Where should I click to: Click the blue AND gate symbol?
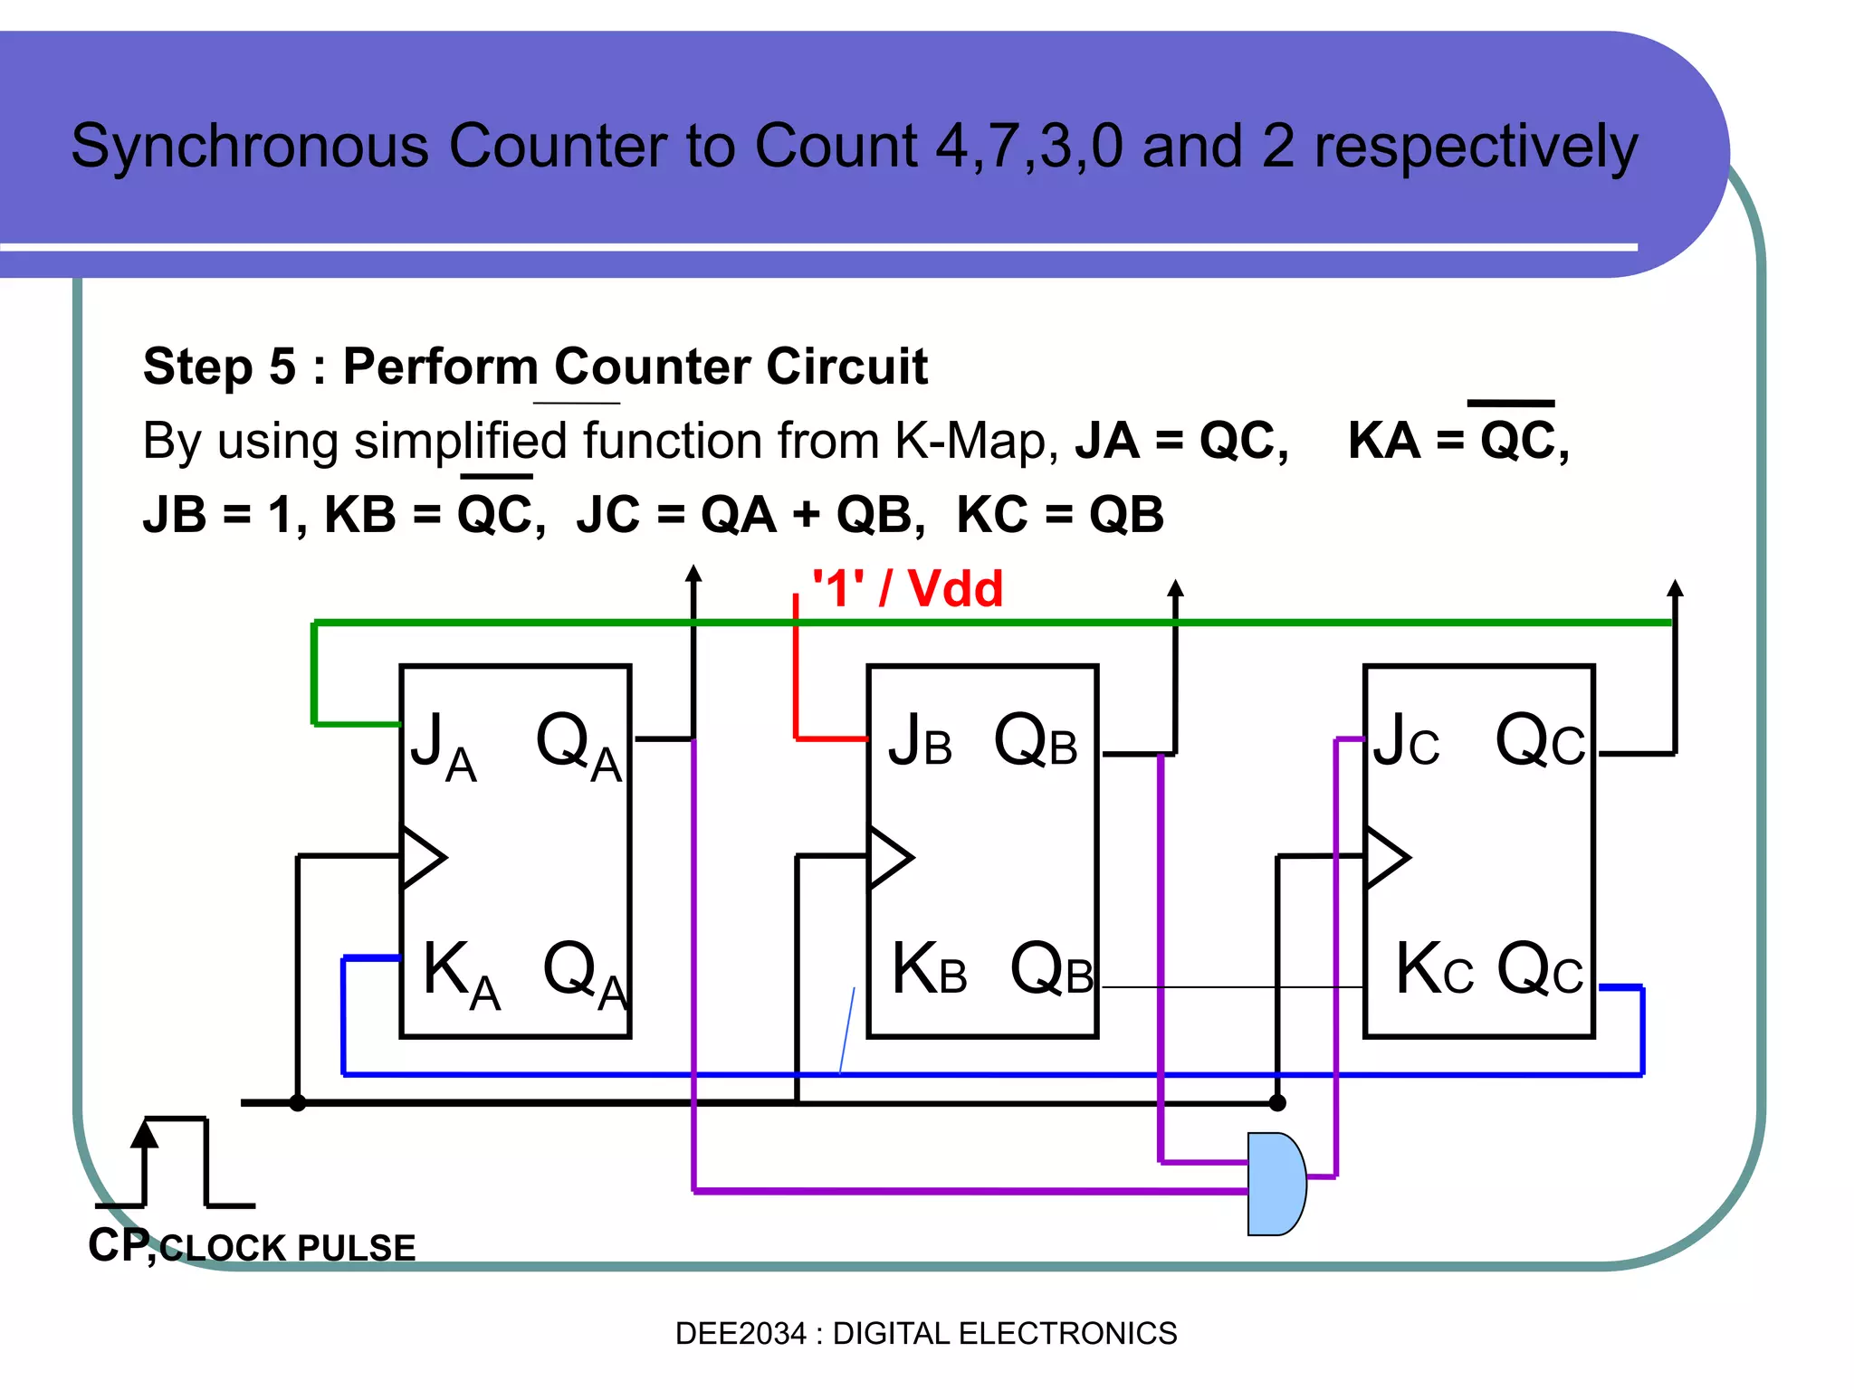pyautogui.click(x=1276, y=1184)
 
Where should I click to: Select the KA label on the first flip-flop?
pyautogui.click(x=461, y=974)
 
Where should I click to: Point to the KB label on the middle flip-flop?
pyautogui.click(x=929, y=969)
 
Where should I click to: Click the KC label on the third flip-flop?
pyautogui.click(x=1434, y=969)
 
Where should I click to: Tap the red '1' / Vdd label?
pyautogui.click(x=907, y=589)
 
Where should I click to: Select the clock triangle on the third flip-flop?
pyautogui.click(x=1386, y=857)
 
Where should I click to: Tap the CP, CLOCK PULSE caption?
pyautogui.click(x=252, y=1246)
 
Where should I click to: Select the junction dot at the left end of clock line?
pyautogui.click(x=298, y=1103)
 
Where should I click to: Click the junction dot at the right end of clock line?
pyautogui.click(x=1277, y=1103)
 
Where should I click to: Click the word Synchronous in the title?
pyautogui.click(x=250, y=146)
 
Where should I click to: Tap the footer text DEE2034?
pyautogui.click(x=740, y=1333)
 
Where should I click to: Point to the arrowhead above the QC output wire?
pyautogui.click(x=1675, y=588)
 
